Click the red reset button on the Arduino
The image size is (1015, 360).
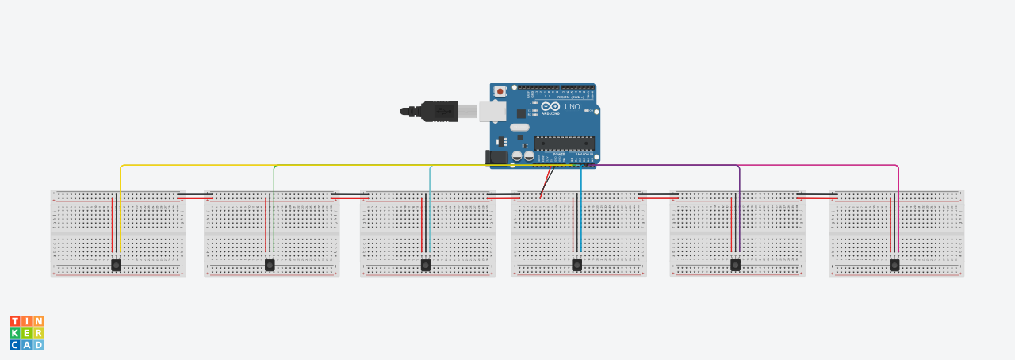[500, 92]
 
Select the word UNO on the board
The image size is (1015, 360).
[572, 106]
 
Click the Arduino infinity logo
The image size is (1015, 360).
[551, 106]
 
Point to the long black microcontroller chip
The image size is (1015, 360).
[564, 143]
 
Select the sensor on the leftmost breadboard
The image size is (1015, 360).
[117, 265]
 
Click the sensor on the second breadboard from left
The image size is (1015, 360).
[270, 265]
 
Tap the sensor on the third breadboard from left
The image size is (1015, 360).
[426, 265]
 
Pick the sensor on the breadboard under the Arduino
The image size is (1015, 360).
[577, 265]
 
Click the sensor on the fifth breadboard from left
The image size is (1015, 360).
[736, 265]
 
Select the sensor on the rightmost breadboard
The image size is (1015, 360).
[894, 265]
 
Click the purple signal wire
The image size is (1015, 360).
[674, 166]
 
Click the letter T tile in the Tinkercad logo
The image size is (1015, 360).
[14, 321]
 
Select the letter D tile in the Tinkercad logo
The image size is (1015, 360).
[39, 345]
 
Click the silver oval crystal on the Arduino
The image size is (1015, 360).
[519, 127]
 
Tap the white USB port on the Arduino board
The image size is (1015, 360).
[492, 111]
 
